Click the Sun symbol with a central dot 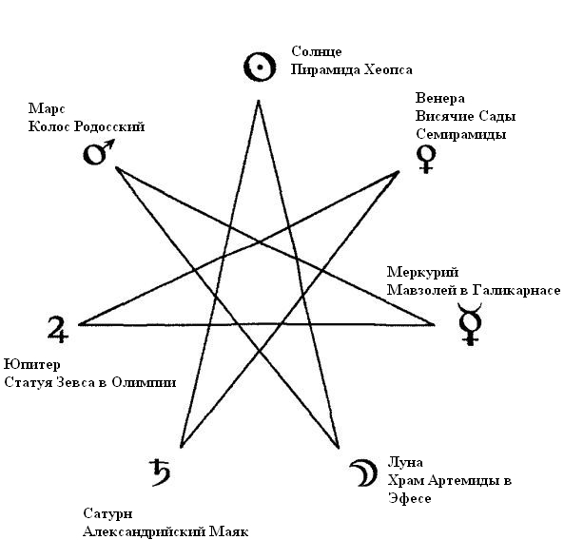[260, 67]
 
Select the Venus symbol [426, 159]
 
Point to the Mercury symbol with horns [470, 323]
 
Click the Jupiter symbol [58, 329]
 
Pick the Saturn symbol [160, 472]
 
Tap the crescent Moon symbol [364, 472]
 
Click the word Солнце [316, 51]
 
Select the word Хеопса [388, 69]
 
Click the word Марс [47, 108]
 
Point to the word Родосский [109, 126]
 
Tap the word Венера [440, 98]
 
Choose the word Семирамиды [461, 134]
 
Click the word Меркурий [422, 272]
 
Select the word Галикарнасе [516, 290]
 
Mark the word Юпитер [32, 364]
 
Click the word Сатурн [107, 513]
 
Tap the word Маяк [229, 531]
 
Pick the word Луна [405, 462]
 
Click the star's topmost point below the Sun [259, 101]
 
